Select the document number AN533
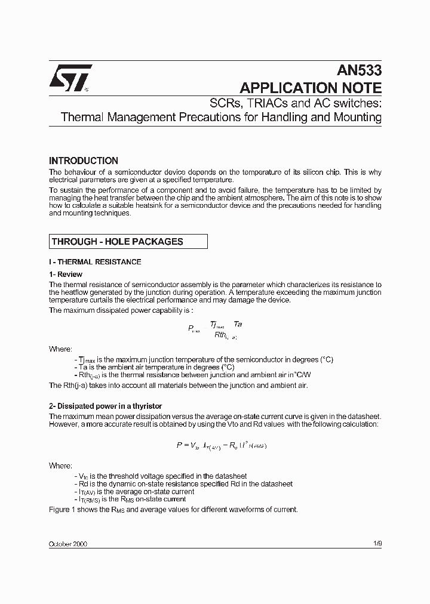(x=358, y=70)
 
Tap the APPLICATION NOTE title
(x=311, y=88)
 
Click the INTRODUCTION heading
(x=84, y=161)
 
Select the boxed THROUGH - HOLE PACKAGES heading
(x=118, y=242)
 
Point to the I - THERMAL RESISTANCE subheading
(x=95, y=261)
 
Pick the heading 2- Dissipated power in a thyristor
(x=105, y=406)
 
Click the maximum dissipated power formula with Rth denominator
(x=215, y=329)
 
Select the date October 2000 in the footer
(x=71, y=544)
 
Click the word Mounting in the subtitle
(x=357, y=117)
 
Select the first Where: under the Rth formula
(x=60, y=349)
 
